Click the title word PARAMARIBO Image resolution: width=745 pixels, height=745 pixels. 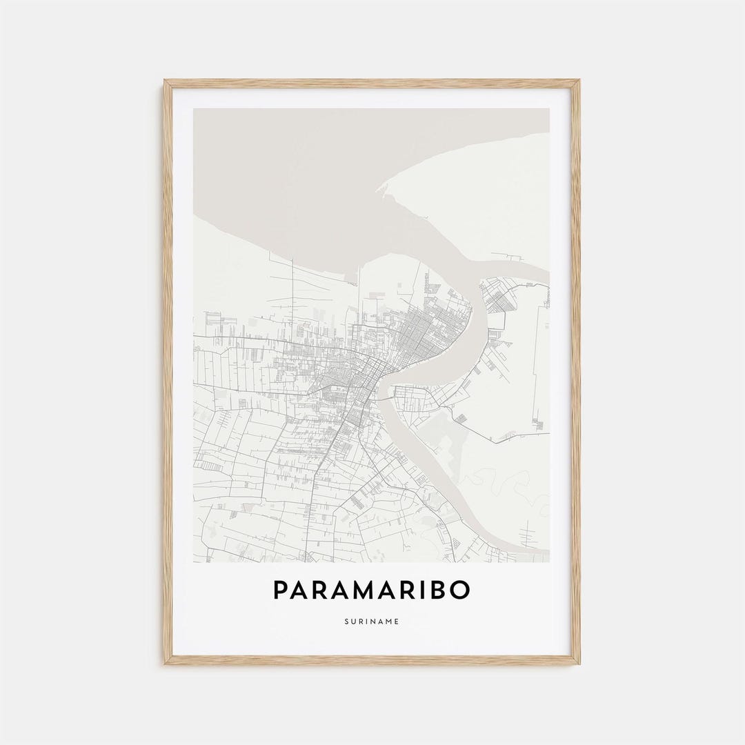pyautogui.click(x=372, y=590)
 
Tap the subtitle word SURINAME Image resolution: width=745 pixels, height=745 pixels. pyautogui.click(x=372, y=622)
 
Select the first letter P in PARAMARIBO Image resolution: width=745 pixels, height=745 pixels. pyautogui.click(x=281, y=590)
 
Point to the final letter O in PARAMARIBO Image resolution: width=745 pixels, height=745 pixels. pyautogui.click(x=461, y=590)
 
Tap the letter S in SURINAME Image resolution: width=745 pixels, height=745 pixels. pyautogui.click(x=346, y=622)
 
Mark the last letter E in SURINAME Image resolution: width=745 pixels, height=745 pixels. pyautogui.click(x=397, y=622)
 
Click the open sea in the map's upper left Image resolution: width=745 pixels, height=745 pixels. pyautogui.click(x=262, y=159)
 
